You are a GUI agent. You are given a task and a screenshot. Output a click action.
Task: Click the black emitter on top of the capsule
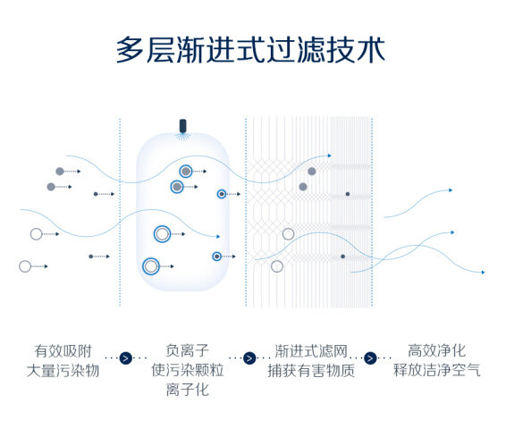point(183,126)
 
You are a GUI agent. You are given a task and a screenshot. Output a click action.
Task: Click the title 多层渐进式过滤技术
point(251,50)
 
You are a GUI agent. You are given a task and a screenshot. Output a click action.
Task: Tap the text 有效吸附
point(63,351)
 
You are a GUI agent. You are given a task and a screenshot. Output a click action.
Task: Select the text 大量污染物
point(63,371)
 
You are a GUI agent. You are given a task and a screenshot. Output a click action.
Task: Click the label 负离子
point(187,350)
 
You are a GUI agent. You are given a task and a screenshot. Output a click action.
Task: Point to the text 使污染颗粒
point(187,370)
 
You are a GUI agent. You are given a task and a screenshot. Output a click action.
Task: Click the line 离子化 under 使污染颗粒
point(187,390)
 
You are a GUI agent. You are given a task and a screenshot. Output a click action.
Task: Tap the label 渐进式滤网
point(311,351)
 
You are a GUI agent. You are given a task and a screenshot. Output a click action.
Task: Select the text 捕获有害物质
point(311,371)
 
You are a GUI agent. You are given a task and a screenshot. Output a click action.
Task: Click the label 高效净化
point(436,350)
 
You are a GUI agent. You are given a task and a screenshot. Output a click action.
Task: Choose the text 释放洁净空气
point(436,370)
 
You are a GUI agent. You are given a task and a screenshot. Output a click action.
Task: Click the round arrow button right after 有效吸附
point(126,357)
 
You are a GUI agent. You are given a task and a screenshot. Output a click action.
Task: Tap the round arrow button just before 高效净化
point(371,357)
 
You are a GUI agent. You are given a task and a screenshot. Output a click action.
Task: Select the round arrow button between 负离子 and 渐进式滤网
point(249,357)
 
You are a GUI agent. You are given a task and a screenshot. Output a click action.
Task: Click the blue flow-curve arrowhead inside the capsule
point(218,236)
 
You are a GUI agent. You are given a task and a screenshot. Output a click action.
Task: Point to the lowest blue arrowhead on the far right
point(483,272)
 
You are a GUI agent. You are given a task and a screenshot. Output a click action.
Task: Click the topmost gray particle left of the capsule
point(60,171)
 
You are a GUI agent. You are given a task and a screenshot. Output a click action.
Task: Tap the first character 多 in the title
point(131,50)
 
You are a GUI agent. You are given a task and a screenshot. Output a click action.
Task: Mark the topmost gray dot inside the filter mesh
point(312,171)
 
